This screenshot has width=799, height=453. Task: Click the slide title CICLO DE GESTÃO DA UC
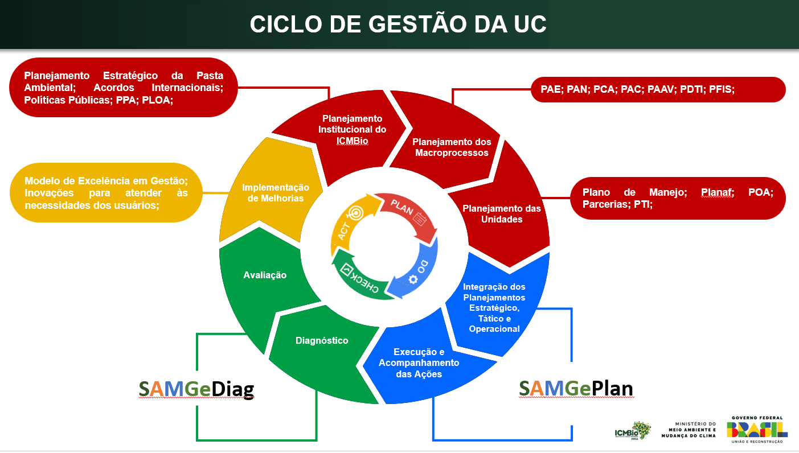tap(398, 24)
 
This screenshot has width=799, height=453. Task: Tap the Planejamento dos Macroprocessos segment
tap(451, 147)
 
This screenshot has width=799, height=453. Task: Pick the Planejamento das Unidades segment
tap(501, 213)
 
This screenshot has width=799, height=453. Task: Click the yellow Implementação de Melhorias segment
tap(276, 192)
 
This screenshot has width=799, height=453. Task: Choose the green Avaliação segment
tap(264, 275)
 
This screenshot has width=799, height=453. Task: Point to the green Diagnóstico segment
tap(322, 341)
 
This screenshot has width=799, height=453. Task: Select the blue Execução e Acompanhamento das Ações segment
tap(419, 363)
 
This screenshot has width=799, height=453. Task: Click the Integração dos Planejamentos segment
tap(494, 307)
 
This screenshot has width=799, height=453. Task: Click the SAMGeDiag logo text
tap(196, 389)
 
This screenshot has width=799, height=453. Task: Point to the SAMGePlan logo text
tap(576, 388)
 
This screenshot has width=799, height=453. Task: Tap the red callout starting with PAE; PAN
tap(658, 89)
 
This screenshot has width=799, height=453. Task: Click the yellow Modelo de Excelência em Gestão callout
tap(106, 192)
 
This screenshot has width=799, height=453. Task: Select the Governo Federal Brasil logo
tap(757, 429)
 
